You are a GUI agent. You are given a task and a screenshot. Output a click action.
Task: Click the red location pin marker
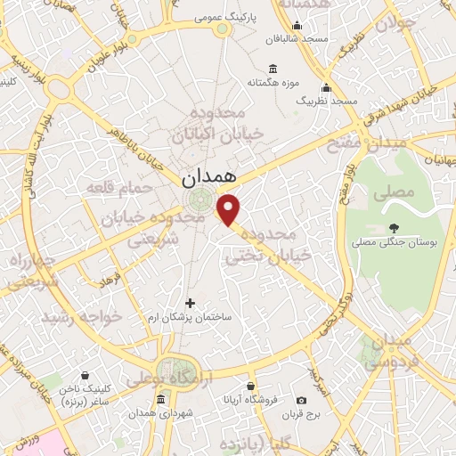point(229,209)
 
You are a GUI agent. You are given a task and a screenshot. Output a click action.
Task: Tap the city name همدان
point(211,178)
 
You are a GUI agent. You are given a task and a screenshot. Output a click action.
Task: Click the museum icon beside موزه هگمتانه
point(272,69)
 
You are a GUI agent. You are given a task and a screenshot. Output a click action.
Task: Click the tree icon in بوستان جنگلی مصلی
point(394,227)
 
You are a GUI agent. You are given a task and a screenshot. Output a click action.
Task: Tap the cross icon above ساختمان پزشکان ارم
point(190,303)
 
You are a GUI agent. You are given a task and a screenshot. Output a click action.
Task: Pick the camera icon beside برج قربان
point(301,400)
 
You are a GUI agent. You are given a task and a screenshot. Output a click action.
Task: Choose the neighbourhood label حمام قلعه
point(110,187)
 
